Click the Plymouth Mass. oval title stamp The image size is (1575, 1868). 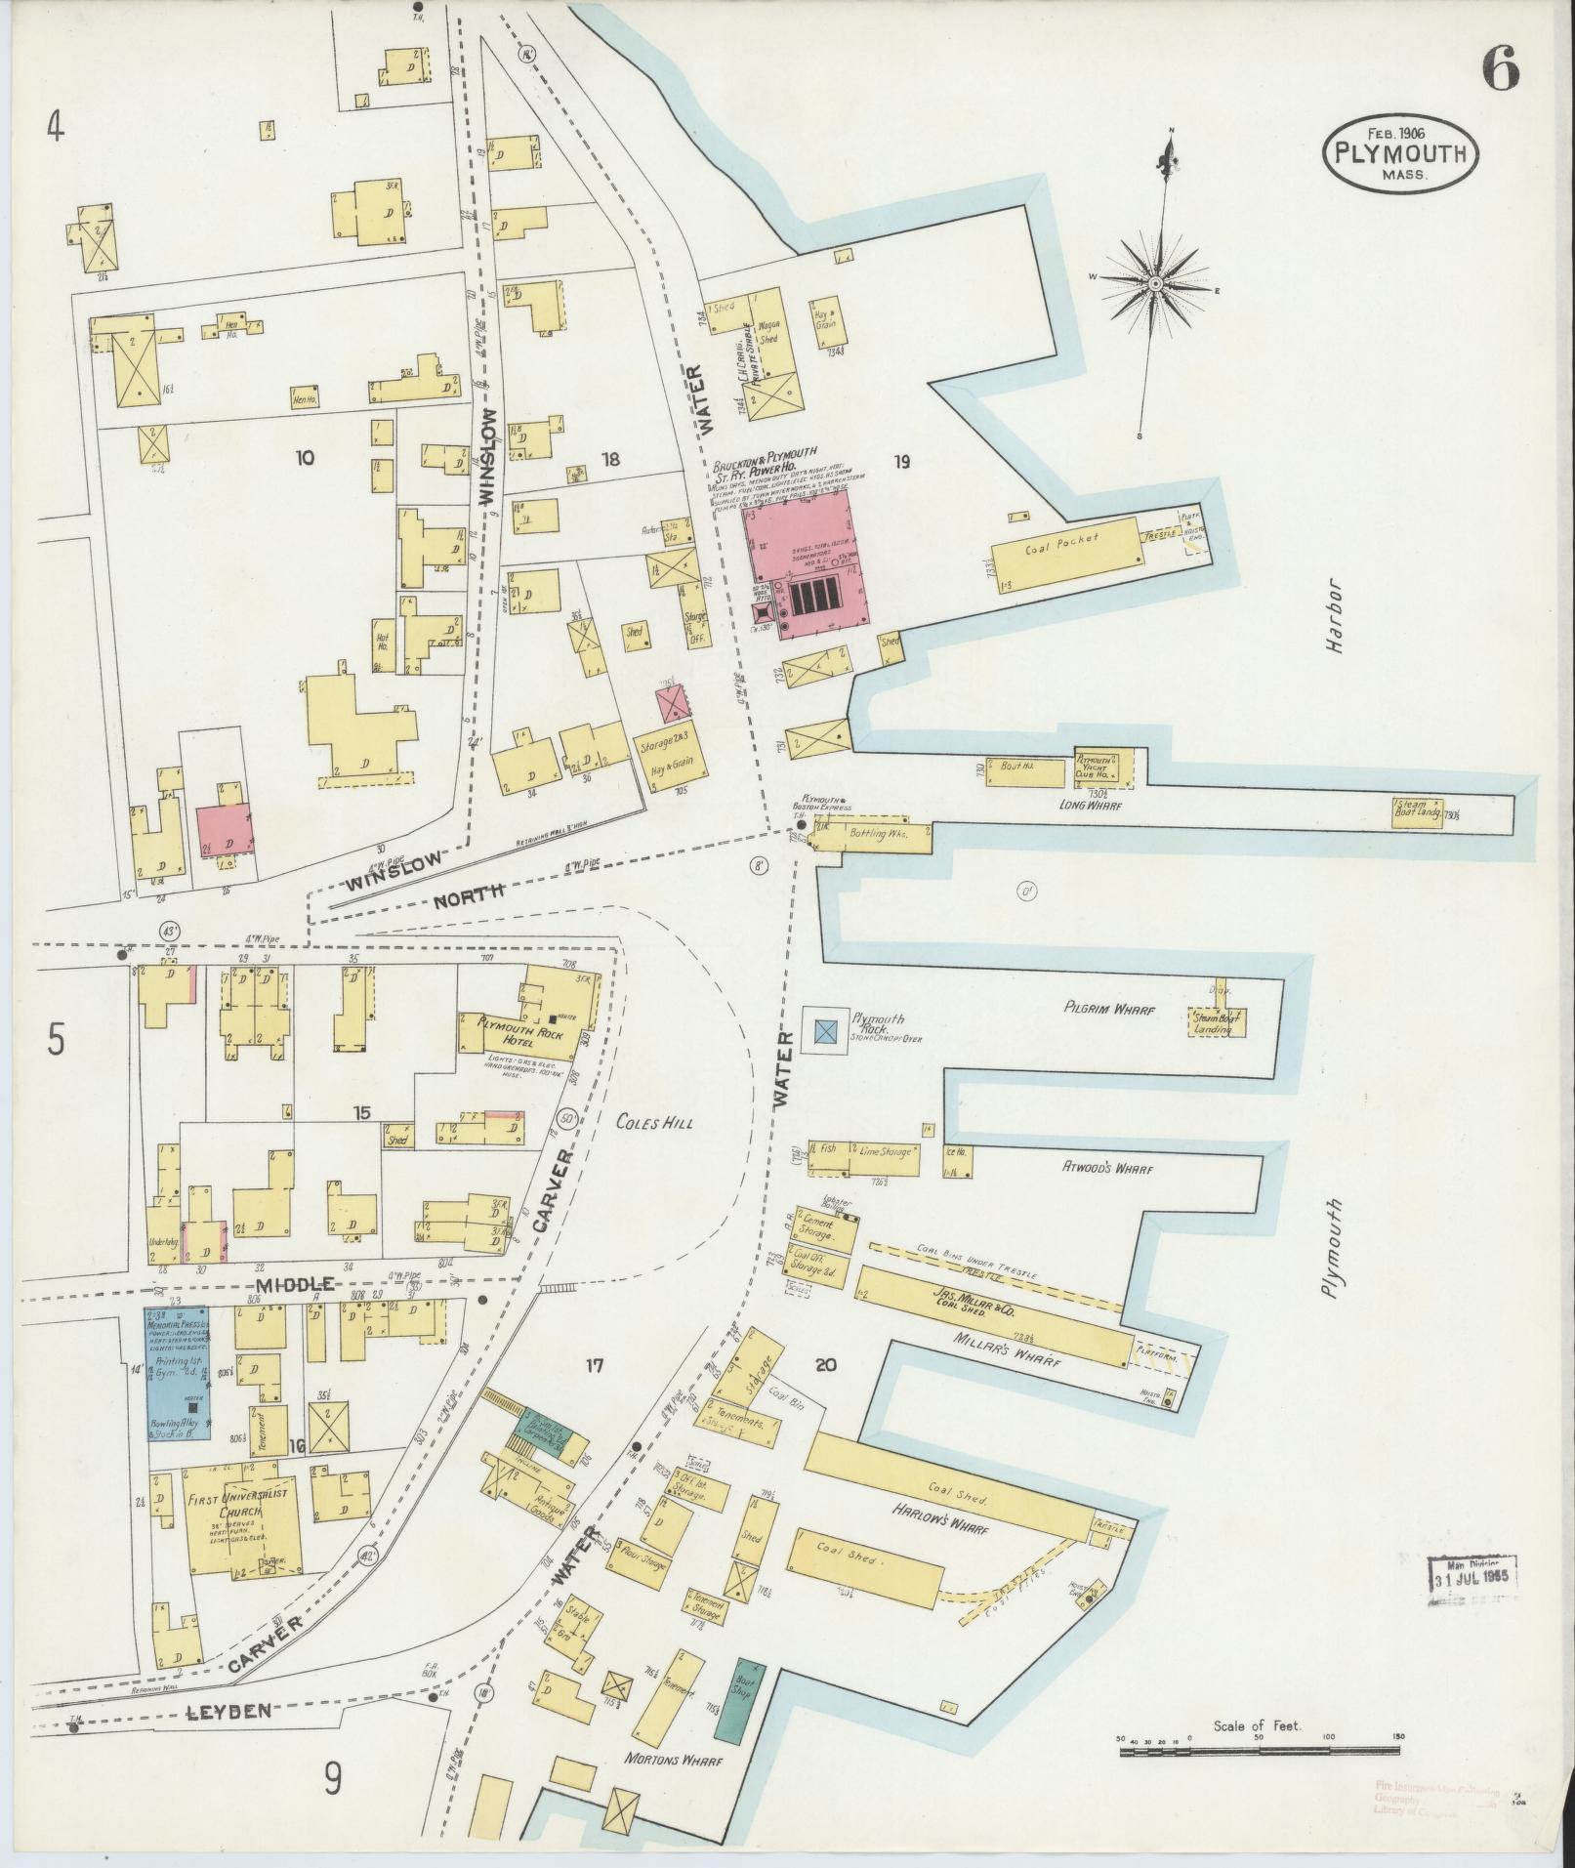click(1400, 153)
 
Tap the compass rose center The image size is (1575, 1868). click(1155, 283)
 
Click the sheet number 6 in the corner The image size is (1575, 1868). click(1501, 69)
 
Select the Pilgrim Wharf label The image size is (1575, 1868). click(1108, 1012)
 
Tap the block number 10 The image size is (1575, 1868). click(306, 457)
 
